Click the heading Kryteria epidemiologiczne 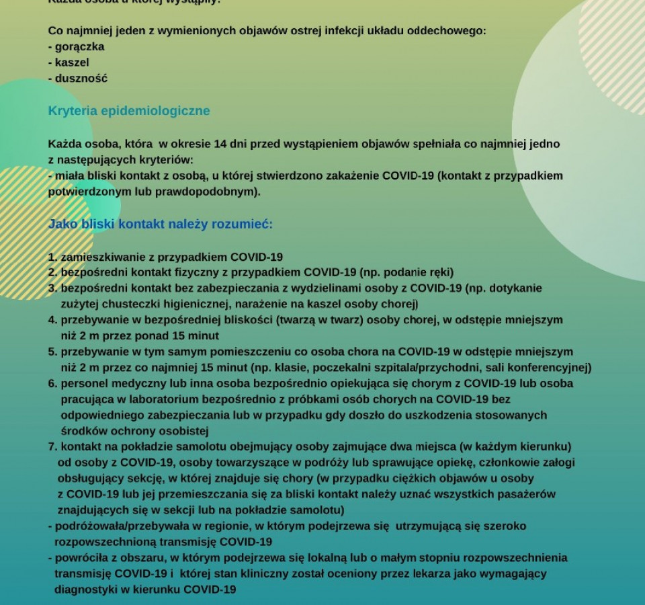pyautogui.click(x=129, y=111)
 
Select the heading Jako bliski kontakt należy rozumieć pyautogui.click(x=161, y=224)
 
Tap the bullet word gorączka pyautogui.click(x=79, y=47)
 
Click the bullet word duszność pyautogui.click(x=81, y=79)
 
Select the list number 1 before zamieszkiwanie pyautogui.click(x=52, y=257)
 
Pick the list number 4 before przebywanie pyautogui.click(x=52, y=320)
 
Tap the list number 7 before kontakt pyautogui.click(x=52, y=446)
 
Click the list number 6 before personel pyautogui.click(x=52, y=384)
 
